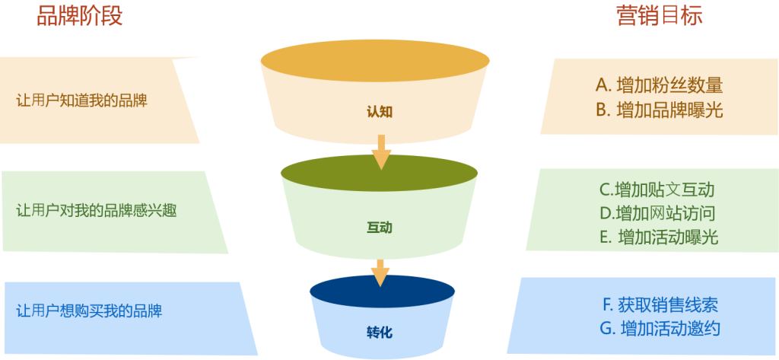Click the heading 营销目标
pyautogui.click(x=659, y=15)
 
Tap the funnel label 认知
pyautogui.click(x=380, y=112)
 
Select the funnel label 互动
pyautogui.click(x=380, y=227)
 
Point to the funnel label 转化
pyautogui.click(x=380, y=333)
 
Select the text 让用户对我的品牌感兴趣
pyautogui.click(x=96, y=211)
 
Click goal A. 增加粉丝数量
pyautogui.click(x=659, y=84)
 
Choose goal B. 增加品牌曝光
pyautogui.click(x=659, y=110)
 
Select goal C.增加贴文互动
pyautogui.click(x=657, y=190)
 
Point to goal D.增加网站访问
pyautogui.click(x=657, y=213)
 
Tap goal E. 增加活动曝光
pyautogui.click(x=659, y=237)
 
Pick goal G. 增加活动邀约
pyautogui.click(x=660, y=329)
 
